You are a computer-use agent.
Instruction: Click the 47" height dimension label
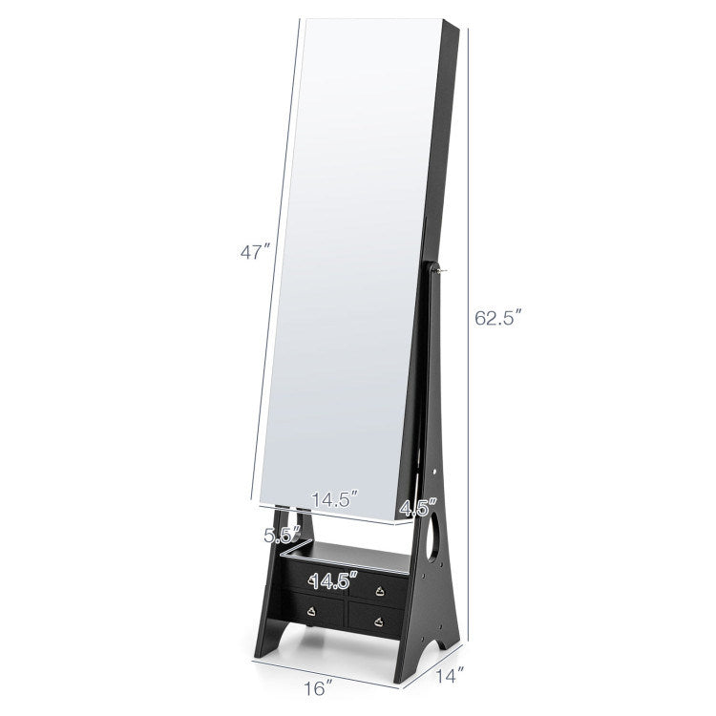(255, 252)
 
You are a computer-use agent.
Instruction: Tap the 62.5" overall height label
(497, 317)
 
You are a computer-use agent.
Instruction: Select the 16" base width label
(317, 687)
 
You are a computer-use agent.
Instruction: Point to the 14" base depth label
(450, 674)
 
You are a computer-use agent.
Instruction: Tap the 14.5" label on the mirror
(335, 499)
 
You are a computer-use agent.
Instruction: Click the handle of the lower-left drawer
(312, 611)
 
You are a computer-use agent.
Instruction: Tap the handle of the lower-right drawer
(378, 621)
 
